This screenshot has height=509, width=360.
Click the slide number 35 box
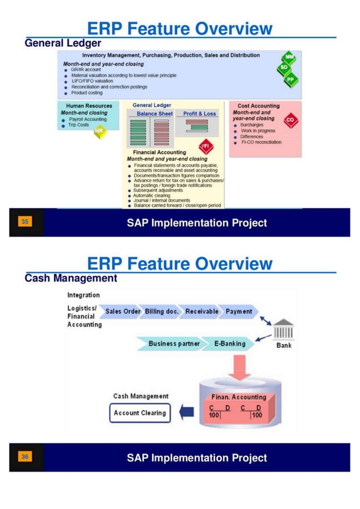(25, 222)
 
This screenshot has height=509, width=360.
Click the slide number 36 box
(25, 456)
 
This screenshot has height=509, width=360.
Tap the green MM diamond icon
(289, 58)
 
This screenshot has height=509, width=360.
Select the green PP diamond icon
(291, 80)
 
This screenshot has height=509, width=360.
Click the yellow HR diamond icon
(99, 131)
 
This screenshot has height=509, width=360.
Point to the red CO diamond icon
(290, 120)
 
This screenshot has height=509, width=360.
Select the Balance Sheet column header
(155, 113)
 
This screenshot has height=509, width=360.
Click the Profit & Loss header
(199, 113)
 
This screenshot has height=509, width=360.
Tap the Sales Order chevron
(122, 311)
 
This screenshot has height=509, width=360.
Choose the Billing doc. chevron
(162, 311)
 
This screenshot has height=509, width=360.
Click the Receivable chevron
(201, 311)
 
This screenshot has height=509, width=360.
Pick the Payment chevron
(239, 311)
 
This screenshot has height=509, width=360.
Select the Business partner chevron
(173, 343)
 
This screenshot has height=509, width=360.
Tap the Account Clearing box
(140, 413)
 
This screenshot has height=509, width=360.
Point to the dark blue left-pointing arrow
(186, 413)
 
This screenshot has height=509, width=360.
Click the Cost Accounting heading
(258, 106)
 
